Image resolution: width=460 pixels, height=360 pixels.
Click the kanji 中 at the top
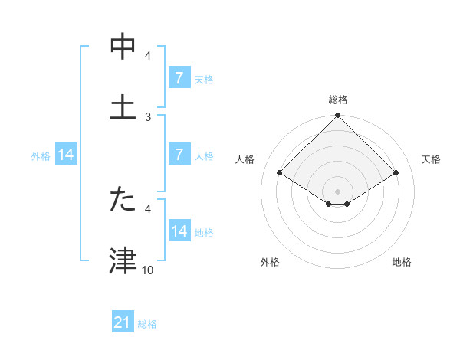point(123,47)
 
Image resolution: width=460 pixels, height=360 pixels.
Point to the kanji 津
point(123,260)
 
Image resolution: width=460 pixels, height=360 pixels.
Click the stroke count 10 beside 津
point(148,270)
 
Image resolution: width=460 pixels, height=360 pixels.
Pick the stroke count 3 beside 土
point(148,116)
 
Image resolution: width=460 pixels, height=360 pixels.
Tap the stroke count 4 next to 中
point(148,56)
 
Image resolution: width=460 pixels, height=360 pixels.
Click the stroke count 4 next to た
point(148,208)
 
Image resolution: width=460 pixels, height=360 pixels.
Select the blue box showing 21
point(123,323)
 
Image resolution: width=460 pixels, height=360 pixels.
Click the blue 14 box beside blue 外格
point(66,155)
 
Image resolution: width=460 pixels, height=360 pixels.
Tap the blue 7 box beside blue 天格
point(179,79)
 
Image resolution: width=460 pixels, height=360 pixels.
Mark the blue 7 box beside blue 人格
point(179,155)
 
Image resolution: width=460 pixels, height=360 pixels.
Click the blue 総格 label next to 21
point(147,324)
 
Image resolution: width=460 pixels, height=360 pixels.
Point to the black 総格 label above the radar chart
point(338,100)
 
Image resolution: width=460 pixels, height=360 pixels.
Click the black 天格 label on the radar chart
point(431,159)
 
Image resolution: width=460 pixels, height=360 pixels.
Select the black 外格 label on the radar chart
point(270,262)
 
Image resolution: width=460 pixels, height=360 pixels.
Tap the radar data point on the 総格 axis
point(338,116)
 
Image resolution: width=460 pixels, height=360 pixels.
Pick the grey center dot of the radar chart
point(338,191)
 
